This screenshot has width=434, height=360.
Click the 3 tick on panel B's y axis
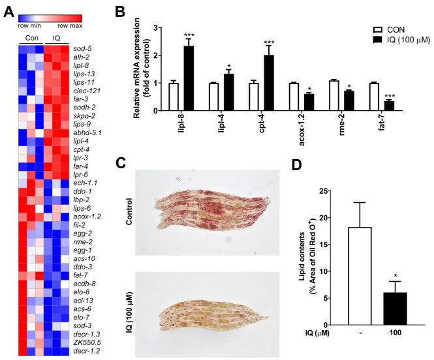pos(156,27)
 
